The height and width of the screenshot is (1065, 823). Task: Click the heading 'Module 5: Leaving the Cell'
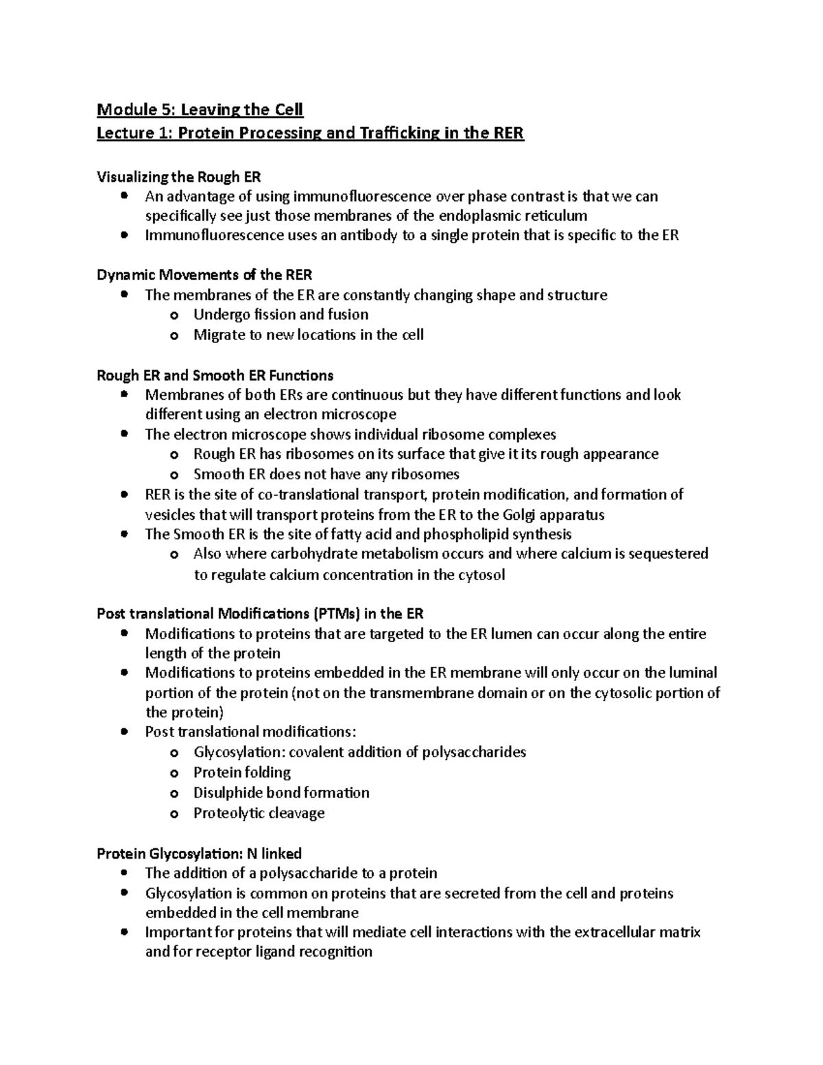point(200,110)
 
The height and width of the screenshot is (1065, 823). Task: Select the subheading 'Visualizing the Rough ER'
point(179,177)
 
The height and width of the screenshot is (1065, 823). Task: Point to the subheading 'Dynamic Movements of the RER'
point(204,275)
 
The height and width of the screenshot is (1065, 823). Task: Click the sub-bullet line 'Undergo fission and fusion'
point(281,315)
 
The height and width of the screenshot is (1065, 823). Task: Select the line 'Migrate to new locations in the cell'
point(308,335)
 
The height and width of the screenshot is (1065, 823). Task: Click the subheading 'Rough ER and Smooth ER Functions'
point(215,375)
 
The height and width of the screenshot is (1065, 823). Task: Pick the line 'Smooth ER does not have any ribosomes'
point(326,475)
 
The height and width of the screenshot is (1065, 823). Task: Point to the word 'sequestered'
point(669,554)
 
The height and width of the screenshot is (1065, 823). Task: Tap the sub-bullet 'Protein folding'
point(241,773)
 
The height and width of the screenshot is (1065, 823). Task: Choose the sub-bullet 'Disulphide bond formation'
point(281,793)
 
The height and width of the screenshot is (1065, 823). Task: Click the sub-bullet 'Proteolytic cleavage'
point(259,813)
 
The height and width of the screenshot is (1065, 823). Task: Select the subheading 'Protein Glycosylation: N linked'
point(199,854)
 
